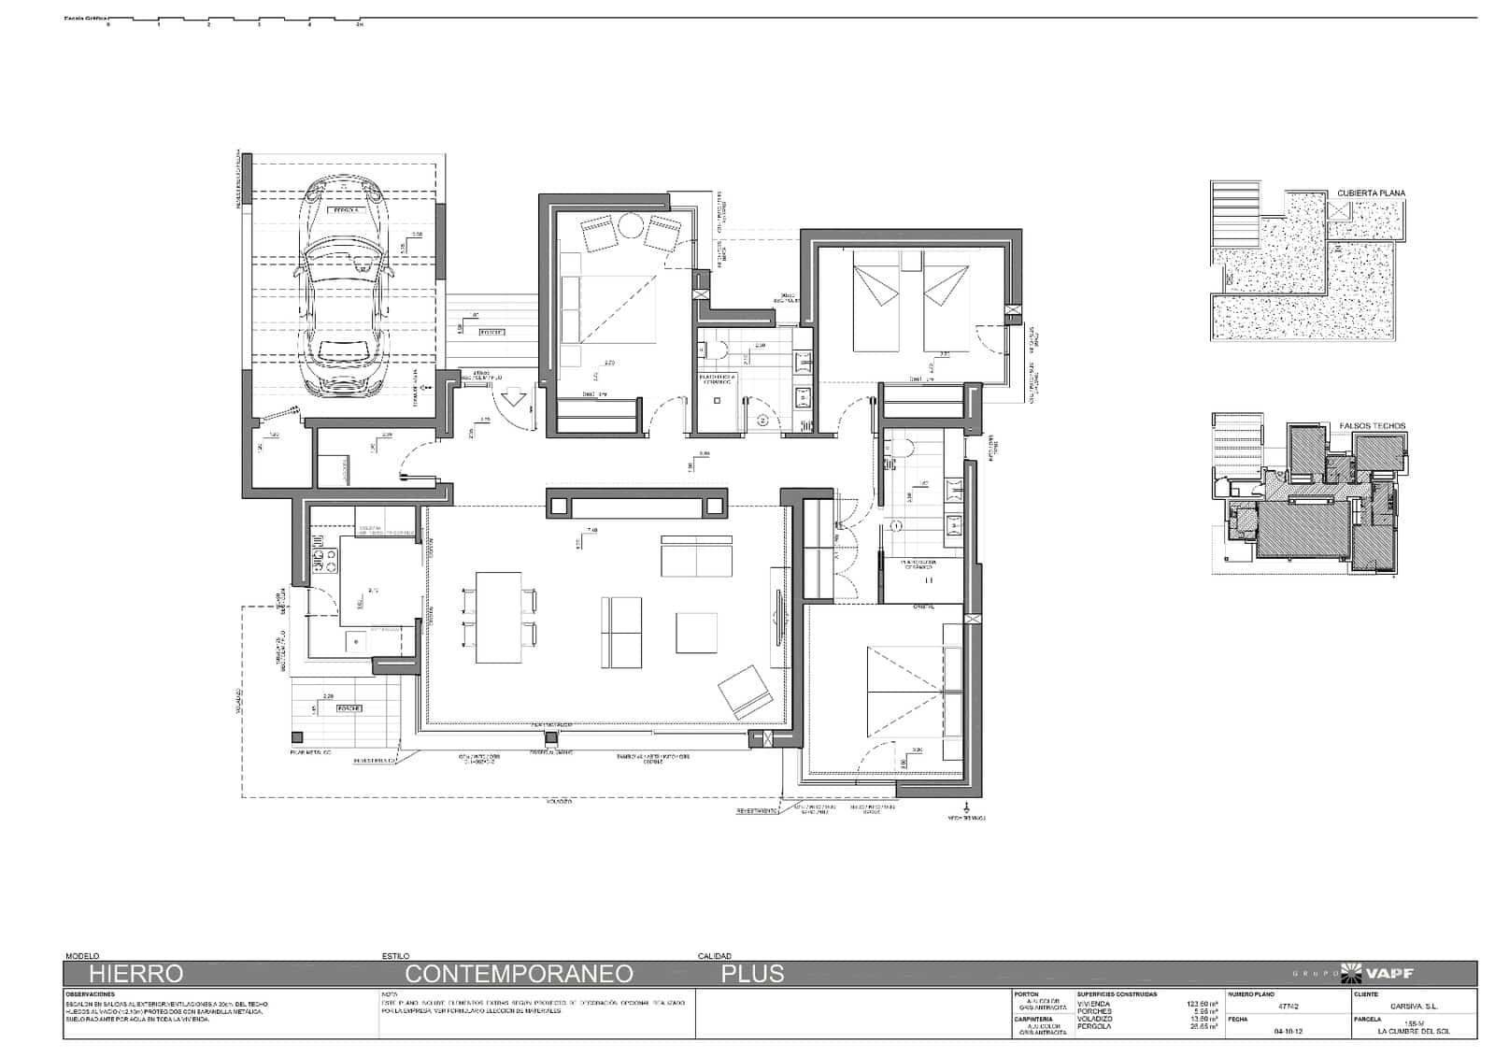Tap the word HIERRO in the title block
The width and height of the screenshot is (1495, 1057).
coord(135,974)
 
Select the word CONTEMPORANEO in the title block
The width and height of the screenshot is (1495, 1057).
coord(519,974)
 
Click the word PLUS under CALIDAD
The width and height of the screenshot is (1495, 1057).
coord(752,974)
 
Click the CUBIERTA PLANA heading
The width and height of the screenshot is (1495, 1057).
coord(1371,193)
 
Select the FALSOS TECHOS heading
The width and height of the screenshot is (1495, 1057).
coord(1372,426)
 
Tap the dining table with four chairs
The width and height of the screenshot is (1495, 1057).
coord(498,617)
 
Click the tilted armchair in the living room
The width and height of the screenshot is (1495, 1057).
coord(744,693)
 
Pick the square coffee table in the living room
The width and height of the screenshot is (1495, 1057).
coord(696,633)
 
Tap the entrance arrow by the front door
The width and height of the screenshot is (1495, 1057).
coord(513,400)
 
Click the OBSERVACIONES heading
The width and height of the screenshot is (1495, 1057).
coord(91,994)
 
